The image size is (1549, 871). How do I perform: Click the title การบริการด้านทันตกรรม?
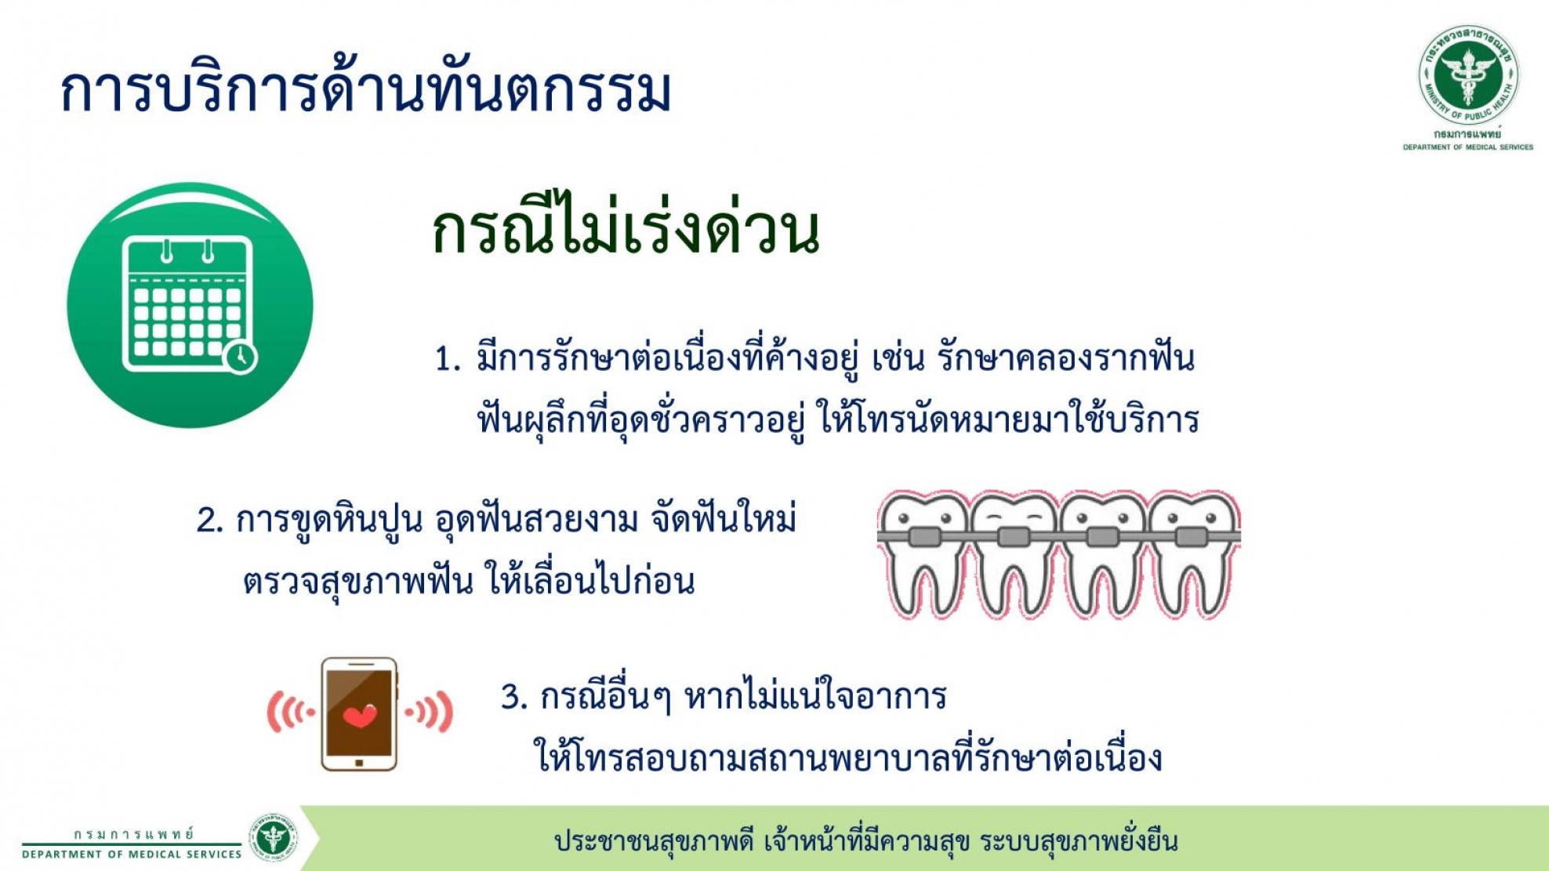[365, 88]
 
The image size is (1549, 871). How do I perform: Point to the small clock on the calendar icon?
[240, 357]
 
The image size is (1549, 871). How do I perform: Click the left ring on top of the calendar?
[166, 251]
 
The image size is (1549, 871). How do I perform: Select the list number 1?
[447, 359]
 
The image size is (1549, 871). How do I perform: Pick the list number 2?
[210, 521]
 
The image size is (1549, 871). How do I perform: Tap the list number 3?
[514, 697]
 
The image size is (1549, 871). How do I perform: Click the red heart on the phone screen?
[360, 715]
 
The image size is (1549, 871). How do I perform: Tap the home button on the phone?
[359, 762]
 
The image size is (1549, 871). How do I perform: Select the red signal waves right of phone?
[429, 712]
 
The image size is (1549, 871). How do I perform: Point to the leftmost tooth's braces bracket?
[924, 537]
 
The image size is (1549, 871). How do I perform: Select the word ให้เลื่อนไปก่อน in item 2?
[589, 580]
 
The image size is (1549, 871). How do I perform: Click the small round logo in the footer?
[273, 837]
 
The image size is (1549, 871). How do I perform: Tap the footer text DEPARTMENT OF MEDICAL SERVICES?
[132, 855]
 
